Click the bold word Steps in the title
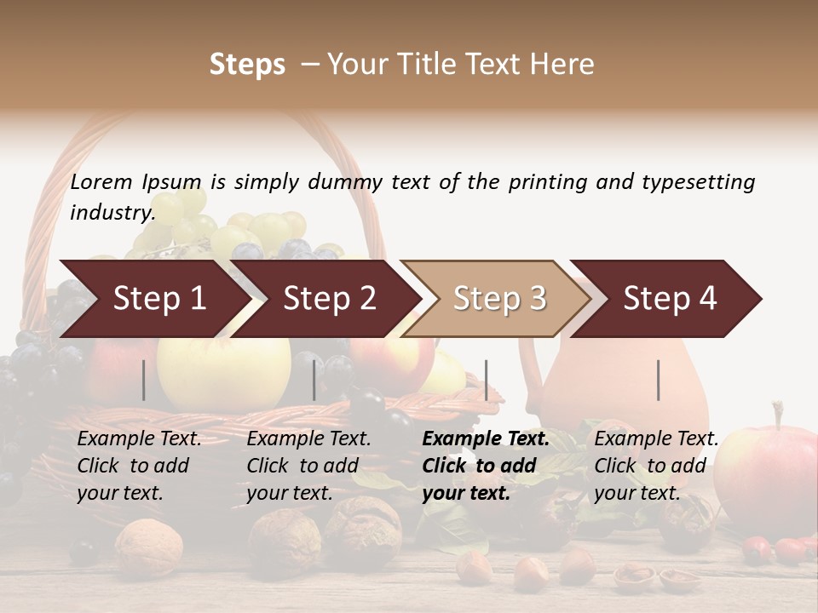pos(247,64)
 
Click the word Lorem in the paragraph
pos(101,181)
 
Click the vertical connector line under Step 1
pos(143,380)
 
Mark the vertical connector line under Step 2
pos(314,380)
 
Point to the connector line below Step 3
pos(487,380)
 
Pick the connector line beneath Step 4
pos(659,380)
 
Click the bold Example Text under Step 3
pos(486,438)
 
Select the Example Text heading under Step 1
pos(139,438)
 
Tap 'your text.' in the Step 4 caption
pos(637,492)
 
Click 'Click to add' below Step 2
pos(302,466)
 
